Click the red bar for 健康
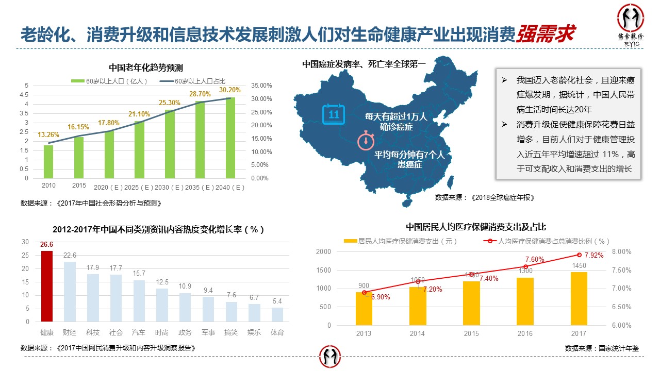click(47, 286)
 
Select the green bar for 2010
click(48, 162)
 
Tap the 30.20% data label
click(229, 90)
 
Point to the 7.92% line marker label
click(593, 255)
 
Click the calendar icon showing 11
click(334, 114)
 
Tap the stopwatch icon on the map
click(366, 140)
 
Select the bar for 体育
click(277, 314)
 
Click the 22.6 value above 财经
click(70, 256)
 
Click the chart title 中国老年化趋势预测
click(146, 68)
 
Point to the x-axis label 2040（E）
click(230, 187)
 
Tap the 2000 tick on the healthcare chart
click(323, 251)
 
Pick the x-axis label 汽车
click(139, 332)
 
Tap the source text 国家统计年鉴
click(618, 348)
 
